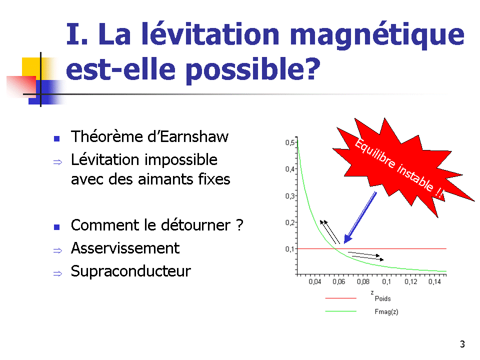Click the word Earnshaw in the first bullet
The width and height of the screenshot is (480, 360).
(194, 136)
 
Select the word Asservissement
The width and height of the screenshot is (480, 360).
(125, 248)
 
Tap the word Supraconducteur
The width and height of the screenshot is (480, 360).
(131, 271)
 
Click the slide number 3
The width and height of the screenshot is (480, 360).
(462, 344)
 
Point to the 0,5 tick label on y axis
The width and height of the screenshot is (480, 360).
(289, 142)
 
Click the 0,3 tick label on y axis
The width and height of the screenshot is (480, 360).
(289, 196)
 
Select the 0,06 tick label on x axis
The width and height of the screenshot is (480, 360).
(339, 281)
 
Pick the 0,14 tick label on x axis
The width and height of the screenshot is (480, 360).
(434, 281)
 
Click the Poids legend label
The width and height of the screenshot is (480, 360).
(382, 298)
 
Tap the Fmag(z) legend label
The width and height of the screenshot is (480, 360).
(386, 311)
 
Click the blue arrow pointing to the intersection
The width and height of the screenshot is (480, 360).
(360, 217)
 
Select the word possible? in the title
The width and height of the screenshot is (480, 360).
(253, 69)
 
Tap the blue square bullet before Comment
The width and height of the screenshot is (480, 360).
(56, 227)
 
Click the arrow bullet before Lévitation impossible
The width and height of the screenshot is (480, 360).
(57, 162)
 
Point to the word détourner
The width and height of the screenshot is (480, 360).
(195, 225)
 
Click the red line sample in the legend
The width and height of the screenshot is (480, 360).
(340, 298)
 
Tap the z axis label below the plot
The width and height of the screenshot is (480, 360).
(372, 292)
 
